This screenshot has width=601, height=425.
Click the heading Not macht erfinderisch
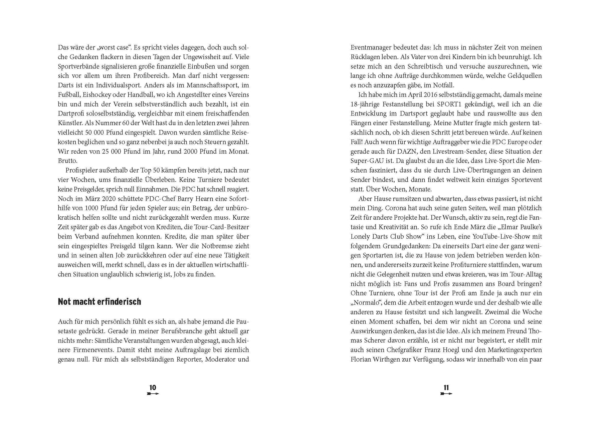[99, 302]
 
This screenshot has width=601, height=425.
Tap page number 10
[153, 387]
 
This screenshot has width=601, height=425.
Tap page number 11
[446, 387]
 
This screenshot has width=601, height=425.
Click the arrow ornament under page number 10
[153, 394]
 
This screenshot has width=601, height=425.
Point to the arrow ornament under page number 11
[446, 394]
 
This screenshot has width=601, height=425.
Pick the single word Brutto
[67, 161]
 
